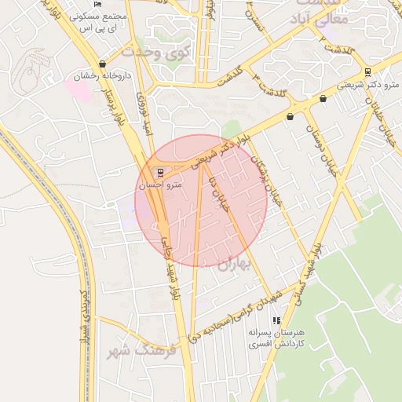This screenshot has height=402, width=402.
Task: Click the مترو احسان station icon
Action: (x=161, y=172)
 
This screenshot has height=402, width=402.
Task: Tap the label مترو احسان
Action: (x=160, y=186)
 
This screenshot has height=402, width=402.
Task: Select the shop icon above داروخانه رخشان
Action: (x=103, y=64)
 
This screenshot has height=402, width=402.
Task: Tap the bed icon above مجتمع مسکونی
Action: (x=97, y=4)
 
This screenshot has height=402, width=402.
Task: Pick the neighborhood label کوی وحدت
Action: (x=156, y=53)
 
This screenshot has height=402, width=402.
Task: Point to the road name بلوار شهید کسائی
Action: (x=309, y=275)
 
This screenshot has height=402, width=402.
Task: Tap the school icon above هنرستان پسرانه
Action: (x=276, y=320)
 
